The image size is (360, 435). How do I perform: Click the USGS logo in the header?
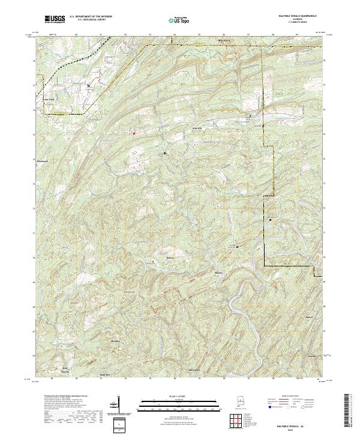tap(55, 19)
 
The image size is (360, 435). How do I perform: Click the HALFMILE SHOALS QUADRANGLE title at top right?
tap(297, 16)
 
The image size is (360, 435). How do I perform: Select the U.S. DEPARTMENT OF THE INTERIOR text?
tap(91, 17)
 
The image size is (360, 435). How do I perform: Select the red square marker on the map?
tap(133, 133)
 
